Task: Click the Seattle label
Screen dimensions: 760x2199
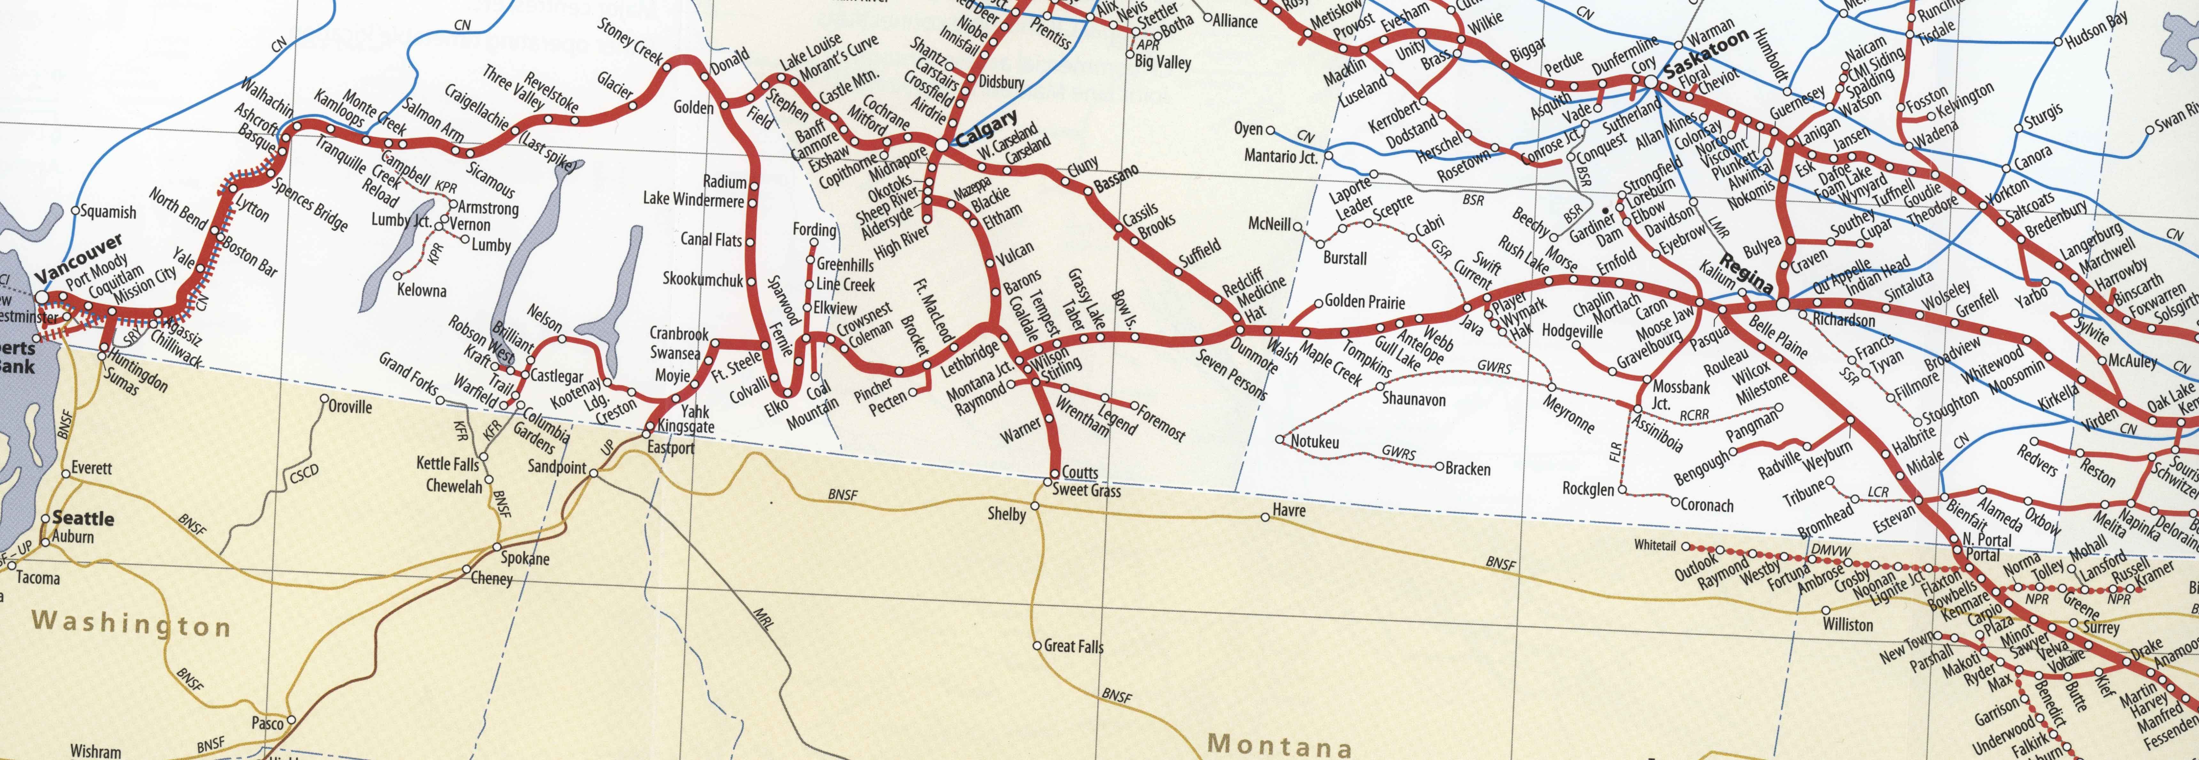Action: [83, 518]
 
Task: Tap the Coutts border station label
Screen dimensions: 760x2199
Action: [1080, 472]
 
